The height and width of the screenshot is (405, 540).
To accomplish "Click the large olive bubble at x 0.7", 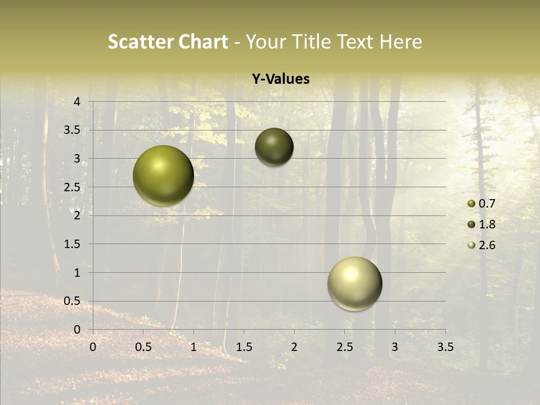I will [164, 175].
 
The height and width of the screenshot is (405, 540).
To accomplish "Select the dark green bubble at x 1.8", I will [274, 147].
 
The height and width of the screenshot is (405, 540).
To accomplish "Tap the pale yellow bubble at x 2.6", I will [355, 283].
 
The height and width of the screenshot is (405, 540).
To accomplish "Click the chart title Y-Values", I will [281, 79].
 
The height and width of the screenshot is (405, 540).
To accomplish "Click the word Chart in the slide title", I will [204, 42].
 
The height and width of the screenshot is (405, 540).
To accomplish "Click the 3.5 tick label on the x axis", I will [445, 347].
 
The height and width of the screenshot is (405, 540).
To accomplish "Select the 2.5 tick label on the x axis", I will [344, 347].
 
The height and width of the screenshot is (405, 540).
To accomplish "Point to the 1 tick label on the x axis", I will [193, 347].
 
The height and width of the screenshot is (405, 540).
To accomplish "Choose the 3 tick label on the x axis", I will [395, 347].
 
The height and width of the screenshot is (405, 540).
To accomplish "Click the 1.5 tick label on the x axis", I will [244, 347].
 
